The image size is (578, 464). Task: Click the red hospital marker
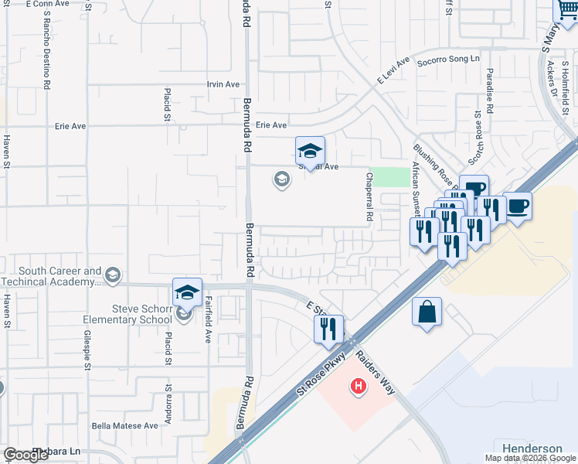click(x=358, y=385)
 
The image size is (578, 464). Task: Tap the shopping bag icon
click(x=427, y=312)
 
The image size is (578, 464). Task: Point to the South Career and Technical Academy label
click(x=60, y=277)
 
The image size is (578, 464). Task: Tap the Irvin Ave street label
click(x=223, y=84)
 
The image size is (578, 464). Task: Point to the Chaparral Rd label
click(x=369, y=207)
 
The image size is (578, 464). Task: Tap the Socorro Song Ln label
click(x=448, y=60)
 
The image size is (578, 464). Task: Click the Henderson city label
click(x=532, y=449)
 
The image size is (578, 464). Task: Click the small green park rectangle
click(x=389, y=177)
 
